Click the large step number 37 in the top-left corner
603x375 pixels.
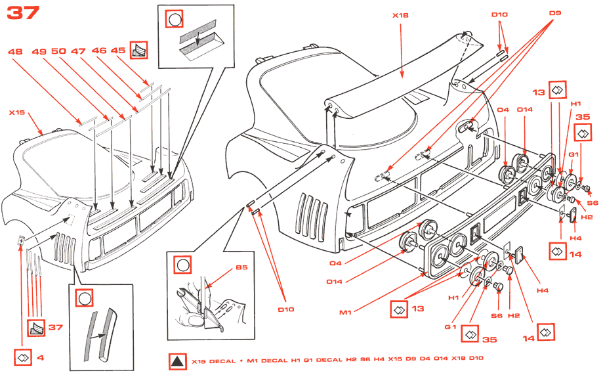[x=24, y=12]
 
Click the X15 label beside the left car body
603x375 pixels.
[x=16, y=112]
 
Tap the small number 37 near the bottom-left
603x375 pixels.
[x=55, y=327]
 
